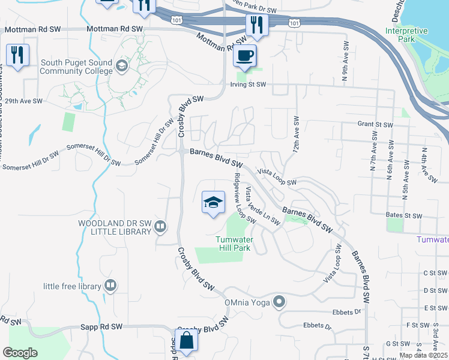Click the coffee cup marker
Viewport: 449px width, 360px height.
coord(244,56)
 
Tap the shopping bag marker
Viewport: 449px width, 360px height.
coord(188,341)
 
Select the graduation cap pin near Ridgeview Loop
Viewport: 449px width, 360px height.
coord(213,203)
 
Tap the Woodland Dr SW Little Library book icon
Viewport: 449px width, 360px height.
coord(160,227)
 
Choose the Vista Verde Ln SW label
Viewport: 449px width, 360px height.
coord(262,206)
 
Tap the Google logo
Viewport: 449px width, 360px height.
coord(20,352)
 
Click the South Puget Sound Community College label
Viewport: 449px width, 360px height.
coord(76,67)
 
